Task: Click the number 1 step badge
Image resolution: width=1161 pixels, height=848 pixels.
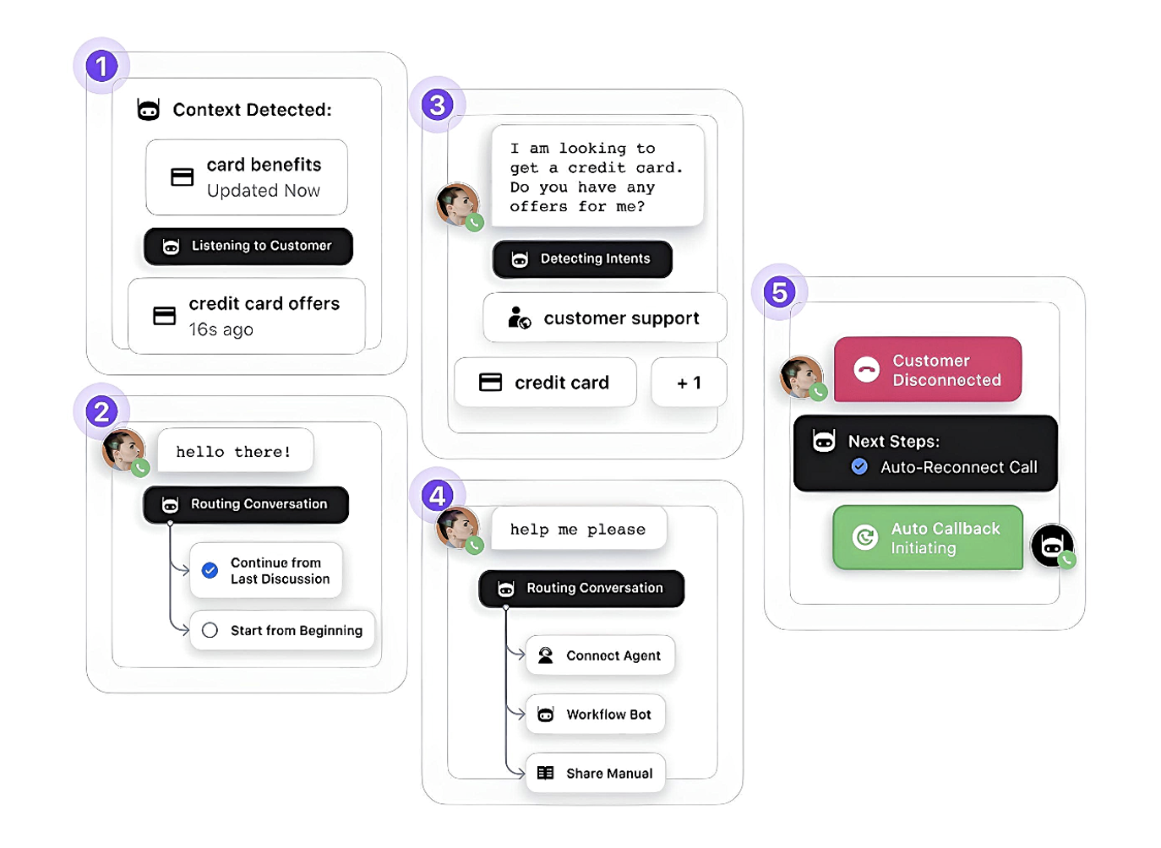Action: (101, 66)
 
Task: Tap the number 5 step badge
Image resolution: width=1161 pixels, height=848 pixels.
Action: (779, 292)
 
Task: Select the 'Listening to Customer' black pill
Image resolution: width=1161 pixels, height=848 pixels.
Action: (248, 247)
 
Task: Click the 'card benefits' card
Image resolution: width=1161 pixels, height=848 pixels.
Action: (247, 177)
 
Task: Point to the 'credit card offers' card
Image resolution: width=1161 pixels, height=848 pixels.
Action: (247, 316)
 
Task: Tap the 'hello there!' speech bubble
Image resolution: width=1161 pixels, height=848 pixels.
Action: (234, 451)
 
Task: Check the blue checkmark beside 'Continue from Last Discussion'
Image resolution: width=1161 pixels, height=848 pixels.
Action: (210, 570)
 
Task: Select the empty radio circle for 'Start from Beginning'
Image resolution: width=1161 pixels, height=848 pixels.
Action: (210, 630)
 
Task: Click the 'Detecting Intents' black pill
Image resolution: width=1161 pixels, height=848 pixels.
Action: (582, 259)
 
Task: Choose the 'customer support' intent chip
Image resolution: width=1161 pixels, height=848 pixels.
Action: (605, 318)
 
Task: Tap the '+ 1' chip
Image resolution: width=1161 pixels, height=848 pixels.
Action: (689, 383)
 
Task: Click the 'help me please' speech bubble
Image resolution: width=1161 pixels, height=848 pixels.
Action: (578, 530)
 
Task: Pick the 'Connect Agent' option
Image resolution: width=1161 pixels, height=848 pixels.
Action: (600, 655)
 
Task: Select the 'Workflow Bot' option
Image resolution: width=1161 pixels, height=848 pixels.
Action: (595, 715)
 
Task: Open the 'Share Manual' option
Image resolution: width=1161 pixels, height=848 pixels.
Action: (595, 774)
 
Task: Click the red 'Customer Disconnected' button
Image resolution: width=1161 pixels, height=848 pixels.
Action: (928, 370)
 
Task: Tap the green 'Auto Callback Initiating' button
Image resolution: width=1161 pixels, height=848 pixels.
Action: (928, 538)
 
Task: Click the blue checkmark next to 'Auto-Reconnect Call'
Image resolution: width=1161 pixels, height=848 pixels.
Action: (859, 466)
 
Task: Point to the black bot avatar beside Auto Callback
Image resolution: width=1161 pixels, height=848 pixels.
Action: (1052, 546)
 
